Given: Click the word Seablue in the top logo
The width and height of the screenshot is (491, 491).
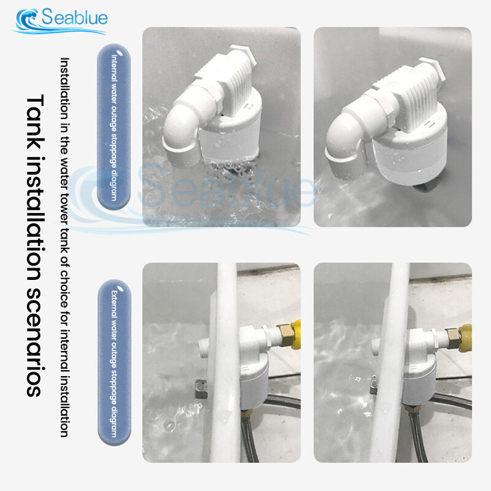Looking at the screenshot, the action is [74, 17].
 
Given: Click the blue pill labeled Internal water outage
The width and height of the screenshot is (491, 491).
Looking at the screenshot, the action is [114, 127].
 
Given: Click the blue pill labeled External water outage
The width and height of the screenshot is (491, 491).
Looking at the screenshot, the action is [114, 362].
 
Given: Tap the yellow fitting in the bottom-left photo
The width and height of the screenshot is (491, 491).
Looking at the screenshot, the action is [296, 334].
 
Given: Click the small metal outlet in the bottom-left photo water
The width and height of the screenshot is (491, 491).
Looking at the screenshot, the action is [201, 389].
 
